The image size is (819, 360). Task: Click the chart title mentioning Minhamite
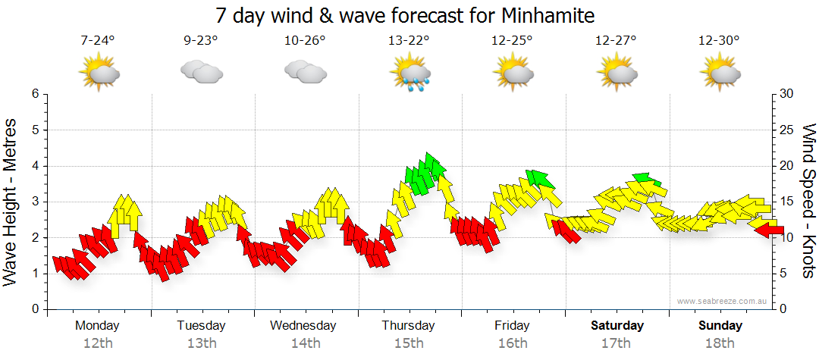(x=405, y=15)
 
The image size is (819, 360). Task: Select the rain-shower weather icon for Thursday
(x=410, y=74)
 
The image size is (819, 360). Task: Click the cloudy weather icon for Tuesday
(x=202, y=72)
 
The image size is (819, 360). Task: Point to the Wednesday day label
(x=303, y=325)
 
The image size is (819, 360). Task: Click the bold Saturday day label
(x=617, y=325)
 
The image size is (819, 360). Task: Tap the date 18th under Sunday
(x=720, y=343)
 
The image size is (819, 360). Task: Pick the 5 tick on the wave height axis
(x=34, y=130)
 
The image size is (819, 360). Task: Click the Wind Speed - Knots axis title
(x=808, y=201)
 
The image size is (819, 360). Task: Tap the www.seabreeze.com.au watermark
(x=723, y=301)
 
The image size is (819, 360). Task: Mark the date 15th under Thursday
(x=409, y=343)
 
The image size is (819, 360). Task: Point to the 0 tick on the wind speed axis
(x=781, y=309)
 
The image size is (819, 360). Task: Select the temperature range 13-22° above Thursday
(x=409, y=41)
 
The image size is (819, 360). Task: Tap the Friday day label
(x=513, y=325)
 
